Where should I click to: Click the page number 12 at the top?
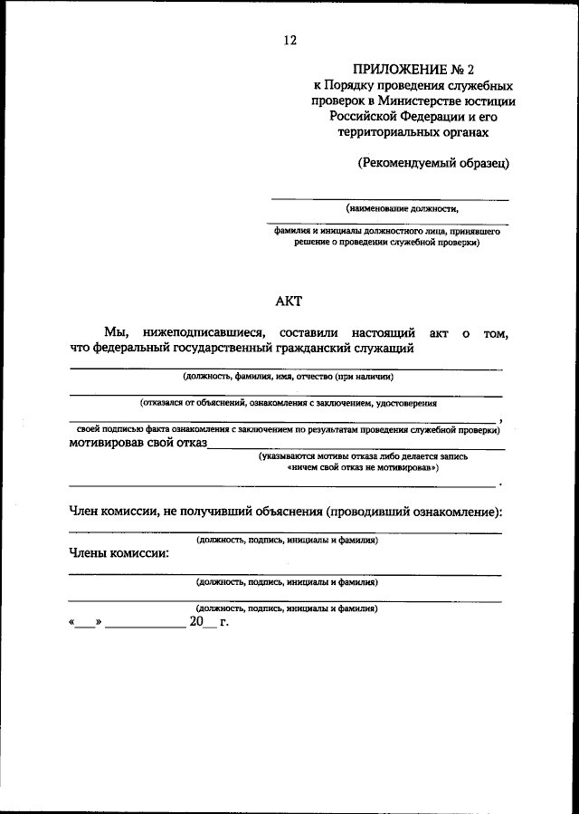pyautogui.click(x=289, y=40)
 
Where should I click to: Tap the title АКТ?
pyautogui.click(x=289, y=302)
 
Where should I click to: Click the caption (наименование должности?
pyautogui.click(x=395, y=207)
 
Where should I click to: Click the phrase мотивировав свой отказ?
pyautogui.click(x=138, y=444)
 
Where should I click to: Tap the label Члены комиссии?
pyautogui.click(x=119, y=553)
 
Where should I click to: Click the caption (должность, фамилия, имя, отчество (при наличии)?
pyautogui.click(x=288, y=376)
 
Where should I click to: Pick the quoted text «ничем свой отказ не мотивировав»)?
pyautogui.click(x=363, y=469)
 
